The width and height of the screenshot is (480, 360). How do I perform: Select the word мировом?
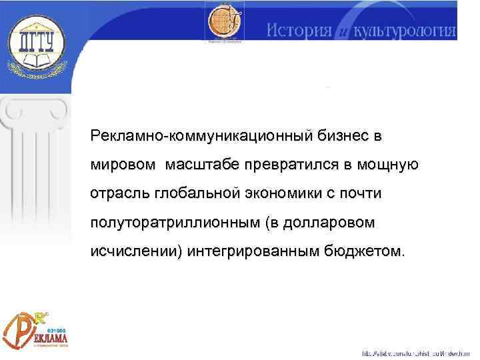[x=124, y=164]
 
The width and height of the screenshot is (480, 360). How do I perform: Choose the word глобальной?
[x=193, y=193]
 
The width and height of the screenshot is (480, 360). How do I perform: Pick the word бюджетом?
[x=366, y=251]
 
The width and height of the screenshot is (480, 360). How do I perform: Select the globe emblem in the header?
[x=224, y=23]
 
